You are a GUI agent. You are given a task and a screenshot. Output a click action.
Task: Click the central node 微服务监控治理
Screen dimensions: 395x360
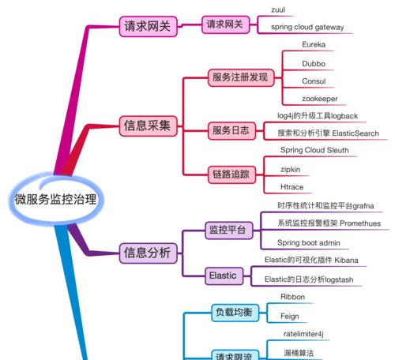pos(55,199)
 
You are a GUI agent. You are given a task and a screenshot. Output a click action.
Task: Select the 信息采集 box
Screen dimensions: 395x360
pos(148,126)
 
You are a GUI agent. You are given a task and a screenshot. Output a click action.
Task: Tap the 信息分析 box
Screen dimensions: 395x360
pos(148,253)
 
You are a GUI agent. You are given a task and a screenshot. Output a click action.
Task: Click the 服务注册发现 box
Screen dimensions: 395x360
pos(241,77)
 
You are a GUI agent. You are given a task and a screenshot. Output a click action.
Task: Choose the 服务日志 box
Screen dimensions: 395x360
pos(231,130)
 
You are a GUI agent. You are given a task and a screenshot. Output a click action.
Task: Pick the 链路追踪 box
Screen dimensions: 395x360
pos(231,174)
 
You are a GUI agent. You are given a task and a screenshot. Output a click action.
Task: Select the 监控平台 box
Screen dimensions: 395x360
pos(228,231)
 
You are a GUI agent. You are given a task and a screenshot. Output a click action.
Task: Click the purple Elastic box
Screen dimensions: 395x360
pos(224,276)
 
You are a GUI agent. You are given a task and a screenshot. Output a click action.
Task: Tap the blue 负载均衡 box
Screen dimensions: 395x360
pos(235,313)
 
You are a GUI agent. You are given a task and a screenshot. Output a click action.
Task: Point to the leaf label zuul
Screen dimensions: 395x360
pos(278,10)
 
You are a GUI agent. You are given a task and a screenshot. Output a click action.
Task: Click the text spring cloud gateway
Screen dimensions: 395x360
pos(307,27)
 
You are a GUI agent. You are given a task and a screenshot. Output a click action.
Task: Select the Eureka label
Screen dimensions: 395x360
pos(314,44)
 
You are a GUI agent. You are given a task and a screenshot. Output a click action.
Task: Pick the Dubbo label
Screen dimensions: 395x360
pos(314,64)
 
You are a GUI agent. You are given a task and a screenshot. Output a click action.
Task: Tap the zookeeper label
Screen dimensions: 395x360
pos(320,99)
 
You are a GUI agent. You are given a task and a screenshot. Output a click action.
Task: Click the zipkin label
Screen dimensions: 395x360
pos(291,170)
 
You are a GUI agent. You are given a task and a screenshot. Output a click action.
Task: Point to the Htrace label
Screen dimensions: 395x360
pos(292,187)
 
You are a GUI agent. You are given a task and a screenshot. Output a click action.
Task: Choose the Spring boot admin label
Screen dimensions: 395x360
pos(309,242)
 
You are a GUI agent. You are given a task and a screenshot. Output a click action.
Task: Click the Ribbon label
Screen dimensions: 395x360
pos(292,297)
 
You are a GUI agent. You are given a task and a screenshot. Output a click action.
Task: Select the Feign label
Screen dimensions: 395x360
pos(290,316)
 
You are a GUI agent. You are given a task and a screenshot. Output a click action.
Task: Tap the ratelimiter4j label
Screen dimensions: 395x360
pos(303,334)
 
